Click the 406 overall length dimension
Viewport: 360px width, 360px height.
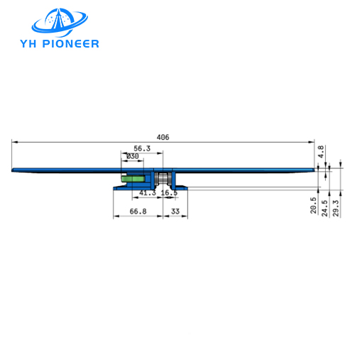pyautogui.click(x=163, y=137)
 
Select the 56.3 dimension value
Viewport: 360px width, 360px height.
pyautogui.click(x=142, y=148)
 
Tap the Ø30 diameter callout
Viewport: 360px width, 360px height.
pyautogui.click(x=131, y=156)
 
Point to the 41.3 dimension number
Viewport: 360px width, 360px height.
pyautogui.click(x=147, y=193)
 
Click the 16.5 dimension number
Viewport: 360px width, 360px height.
pyautogui.click(x=169, y=193)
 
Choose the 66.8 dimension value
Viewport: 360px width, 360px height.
pyautogui.click(x=138, y=211)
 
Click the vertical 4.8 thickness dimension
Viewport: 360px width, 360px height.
pyautogui.click(x=321, y=151)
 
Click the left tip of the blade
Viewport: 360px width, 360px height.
pyautogui.click(x=13, y=170)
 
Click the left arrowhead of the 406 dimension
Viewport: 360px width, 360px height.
pyautogui.click(x=14, y=141)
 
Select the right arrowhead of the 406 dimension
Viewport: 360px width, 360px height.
pyautogui.click(x=312, y=141)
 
